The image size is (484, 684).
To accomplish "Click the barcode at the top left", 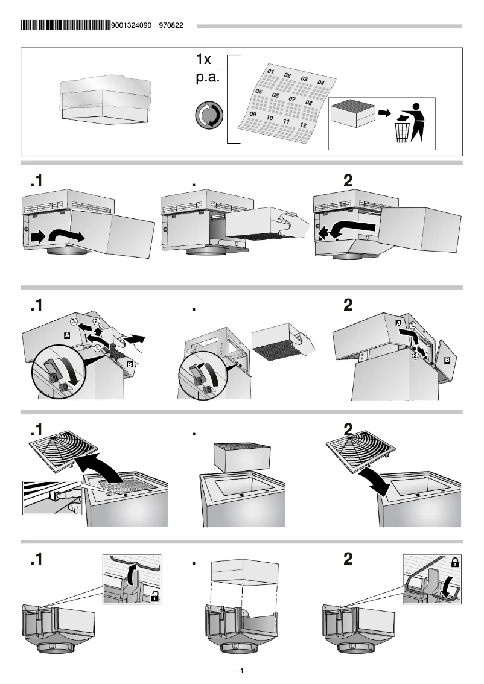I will pos(65,25).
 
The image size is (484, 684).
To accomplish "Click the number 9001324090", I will pos(132,26).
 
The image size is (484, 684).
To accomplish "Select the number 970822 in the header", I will pos(171,26).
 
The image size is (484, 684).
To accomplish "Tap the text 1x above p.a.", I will pos(204,60).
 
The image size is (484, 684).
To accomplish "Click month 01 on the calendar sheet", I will pos(271,72).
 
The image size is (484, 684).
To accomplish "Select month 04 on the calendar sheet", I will pos(320,83).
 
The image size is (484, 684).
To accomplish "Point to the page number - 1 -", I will pos(241,671).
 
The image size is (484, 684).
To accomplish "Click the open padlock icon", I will pos(155,597).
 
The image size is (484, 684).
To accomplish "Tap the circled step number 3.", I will pos(74,321).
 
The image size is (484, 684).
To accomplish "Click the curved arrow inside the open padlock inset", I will pos(129,573).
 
